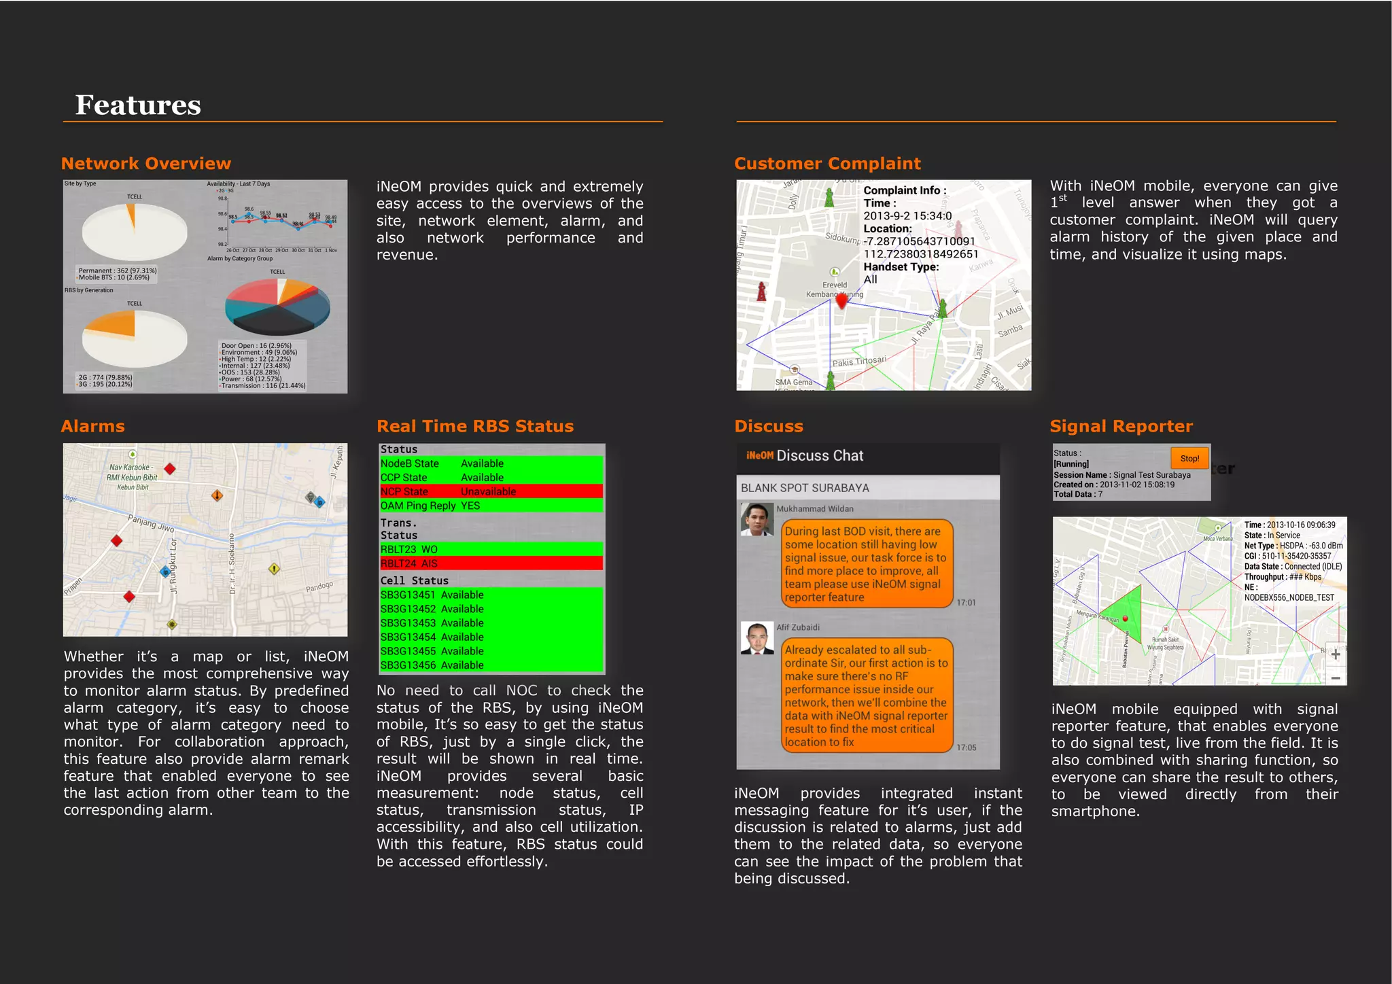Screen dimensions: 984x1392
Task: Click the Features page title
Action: point(138,105)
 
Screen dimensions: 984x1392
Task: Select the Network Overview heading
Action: point(146,164)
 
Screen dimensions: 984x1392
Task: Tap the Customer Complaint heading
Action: point(827,164)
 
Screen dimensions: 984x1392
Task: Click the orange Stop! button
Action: point(1189,458)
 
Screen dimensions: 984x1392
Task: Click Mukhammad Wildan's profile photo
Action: point(757,520)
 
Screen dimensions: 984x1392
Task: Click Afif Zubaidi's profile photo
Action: point(757,638)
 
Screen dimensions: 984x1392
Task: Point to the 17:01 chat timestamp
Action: point(966,603)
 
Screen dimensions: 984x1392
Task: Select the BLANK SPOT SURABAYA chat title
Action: point(805,488)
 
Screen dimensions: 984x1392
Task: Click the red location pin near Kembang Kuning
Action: point(841,300)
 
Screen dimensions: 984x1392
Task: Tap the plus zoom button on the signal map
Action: point(1335,654)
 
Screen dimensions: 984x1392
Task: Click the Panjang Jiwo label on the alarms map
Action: point(151,523)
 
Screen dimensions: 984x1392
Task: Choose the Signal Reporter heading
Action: point(1121,427)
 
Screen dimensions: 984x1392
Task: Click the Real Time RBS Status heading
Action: point(475,427)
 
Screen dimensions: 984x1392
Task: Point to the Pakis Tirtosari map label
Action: point(859,362)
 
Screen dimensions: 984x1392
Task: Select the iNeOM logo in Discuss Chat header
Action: point(759,456)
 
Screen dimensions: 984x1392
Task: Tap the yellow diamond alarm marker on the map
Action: point(274,568)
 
